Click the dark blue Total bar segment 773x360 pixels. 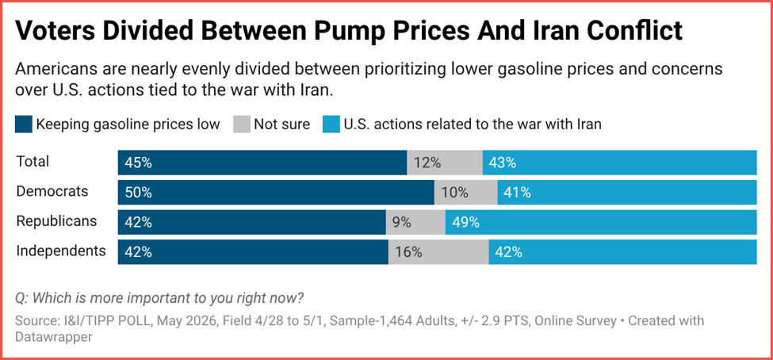pyautogui.click(x=262, y=163)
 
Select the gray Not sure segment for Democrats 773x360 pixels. pyautogui.click(x=466, y=193)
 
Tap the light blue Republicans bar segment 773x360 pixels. pyautogui.click(x=601, y=222)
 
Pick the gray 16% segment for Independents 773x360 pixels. pyautogui.click(x=438, y=252)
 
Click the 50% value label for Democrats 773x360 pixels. pyautogui.click(x=138, y=193)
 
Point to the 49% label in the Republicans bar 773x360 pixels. pyautogui.click(x=466, y=222)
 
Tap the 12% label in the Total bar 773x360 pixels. pyautogui.click(x=427, y=163)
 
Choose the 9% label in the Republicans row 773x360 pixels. pyautogui.click(x=402, y=222)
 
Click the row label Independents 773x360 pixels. pyautogui.click(x=61, y=251)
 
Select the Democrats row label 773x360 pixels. pyautogui.click(x=52, y=191)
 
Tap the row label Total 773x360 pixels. pyautogui.click(x=33, y=161)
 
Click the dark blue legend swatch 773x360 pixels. pyautogui.click(x=24, y=124)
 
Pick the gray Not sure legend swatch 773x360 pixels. pyautogui.click(x=242, y=124)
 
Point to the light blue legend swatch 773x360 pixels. pyautogui.click(x=331, y=124)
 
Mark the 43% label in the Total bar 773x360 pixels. pyautogui.click(x=503, y=163)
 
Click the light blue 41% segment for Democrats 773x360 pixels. pyautogui.click(x=627, y=193)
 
